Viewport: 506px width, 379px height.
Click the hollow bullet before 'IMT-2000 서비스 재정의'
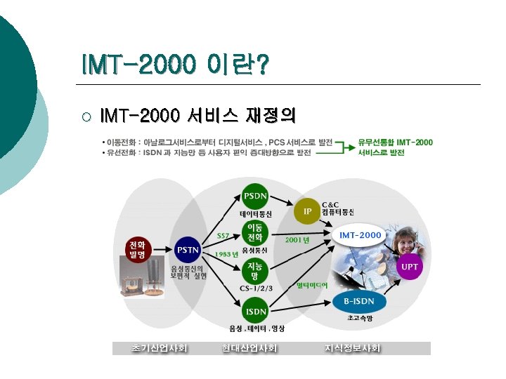86,114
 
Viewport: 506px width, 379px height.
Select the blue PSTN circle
188,249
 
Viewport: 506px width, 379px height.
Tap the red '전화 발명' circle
138,249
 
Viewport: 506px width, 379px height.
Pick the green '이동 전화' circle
254,232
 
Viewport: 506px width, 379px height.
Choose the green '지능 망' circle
254,270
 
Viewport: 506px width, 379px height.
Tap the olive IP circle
306,211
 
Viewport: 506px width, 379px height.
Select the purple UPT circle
410,267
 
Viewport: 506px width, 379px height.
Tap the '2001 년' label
297,239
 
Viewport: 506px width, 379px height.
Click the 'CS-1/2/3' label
256,287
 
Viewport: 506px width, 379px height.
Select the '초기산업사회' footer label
159,348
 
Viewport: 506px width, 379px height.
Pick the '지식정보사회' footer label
351,348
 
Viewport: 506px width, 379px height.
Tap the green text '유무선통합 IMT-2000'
395,142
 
